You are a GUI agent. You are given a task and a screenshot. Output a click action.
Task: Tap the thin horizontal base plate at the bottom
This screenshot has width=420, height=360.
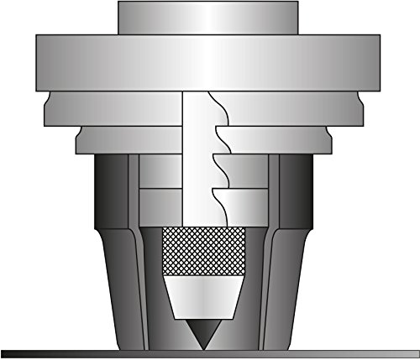point(210,353)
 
